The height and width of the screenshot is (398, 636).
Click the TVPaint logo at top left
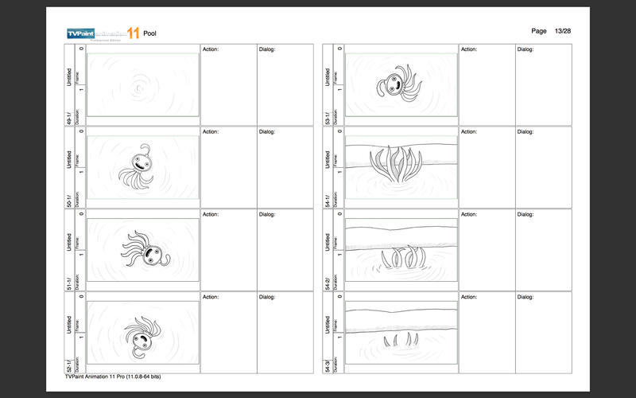(103, 33)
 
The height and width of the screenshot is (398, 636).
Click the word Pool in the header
(149, 33)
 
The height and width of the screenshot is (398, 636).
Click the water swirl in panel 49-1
(141, 83)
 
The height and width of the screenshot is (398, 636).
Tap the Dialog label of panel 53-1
(525, 49)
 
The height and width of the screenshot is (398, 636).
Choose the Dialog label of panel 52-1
(266, 297)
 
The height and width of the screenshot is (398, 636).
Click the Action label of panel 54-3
(470, 297)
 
